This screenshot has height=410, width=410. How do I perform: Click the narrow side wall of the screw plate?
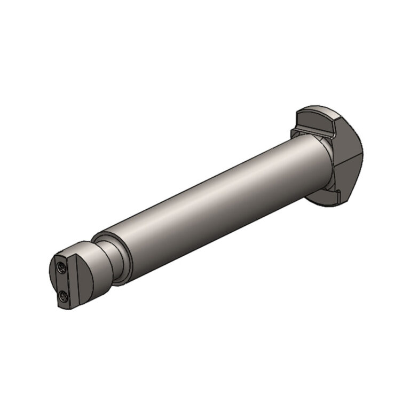pos(73,282)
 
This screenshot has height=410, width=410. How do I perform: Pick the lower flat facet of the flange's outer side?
pos(347,179)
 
